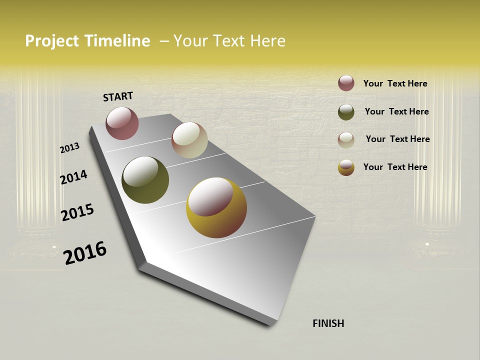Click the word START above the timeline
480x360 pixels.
[x=118, y=96]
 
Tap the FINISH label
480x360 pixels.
[x=328, y=323]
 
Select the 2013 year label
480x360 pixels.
[x=69, y=148]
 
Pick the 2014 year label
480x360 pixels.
[x=73, y=177]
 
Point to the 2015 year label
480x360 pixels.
[x=77, y=212]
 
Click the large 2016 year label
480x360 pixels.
[x=85, y=252]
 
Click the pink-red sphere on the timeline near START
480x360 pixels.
[x=122, y=123]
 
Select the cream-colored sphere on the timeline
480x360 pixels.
[x=189, y=140]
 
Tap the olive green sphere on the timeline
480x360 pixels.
[x=145, y=180]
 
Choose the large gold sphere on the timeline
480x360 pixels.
[x=216, y=207]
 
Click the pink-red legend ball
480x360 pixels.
[x=346, y=83]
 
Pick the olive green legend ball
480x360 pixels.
[x=346, y=112]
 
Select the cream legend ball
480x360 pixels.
[x=346, y=140]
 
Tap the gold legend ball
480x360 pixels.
[x=346, y=167]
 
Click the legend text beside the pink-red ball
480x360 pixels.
[x=395, y=83]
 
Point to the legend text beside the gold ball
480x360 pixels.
[x=395, y=167]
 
